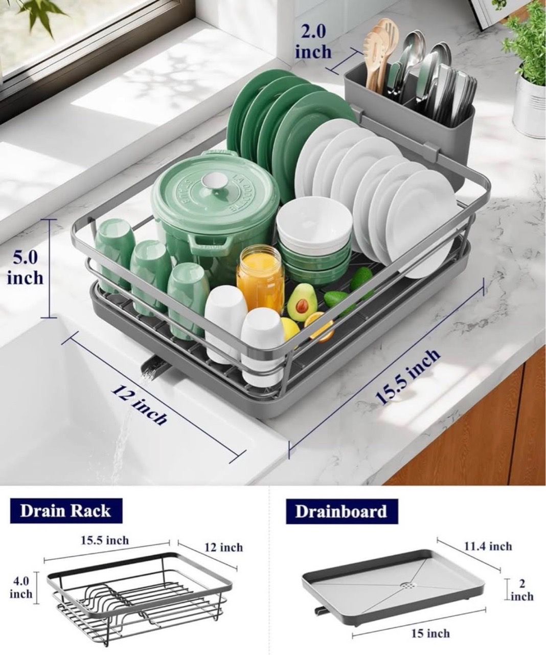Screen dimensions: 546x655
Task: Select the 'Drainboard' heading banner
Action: tap(342, 511)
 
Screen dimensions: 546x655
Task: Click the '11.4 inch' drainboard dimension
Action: tap(488, 547)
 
